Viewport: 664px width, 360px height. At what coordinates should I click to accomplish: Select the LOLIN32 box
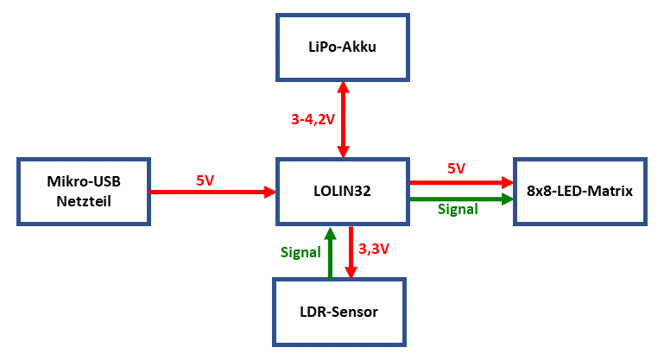342,191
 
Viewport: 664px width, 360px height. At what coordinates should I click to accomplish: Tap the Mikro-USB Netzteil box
83,191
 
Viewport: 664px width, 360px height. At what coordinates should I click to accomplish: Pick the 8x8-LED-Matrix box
579,191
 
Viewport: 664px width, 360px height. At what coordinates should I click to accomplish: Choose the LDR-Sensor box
338,312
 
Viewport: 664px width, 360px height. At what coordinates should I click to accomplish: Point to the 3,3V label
373,251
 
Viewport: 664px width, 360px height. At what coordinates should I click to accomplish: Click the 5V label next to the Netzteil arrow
205,181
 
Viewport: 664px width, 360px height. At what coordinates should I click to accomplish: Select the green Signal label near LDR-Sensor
300,252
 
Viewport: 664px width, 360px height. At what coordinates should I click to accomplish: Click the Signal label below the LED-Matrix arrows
458,210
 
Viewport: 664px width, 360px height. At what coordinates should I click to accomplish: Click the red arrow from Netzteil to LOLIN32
212,193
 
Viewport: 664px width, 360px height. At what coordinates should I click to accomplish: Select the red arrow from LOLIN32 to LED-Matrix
461,182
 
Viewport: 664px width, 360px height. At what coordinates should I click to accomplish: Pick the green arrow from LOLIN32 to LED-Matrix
461,199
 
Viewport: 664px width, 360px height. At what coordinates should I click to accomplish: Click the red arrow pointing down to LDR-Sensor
351,252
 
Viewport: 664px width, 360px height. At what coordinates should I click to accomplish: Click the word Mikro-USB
83,182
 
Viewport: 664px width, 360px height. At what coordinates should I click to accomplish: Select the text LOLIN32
342,191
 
